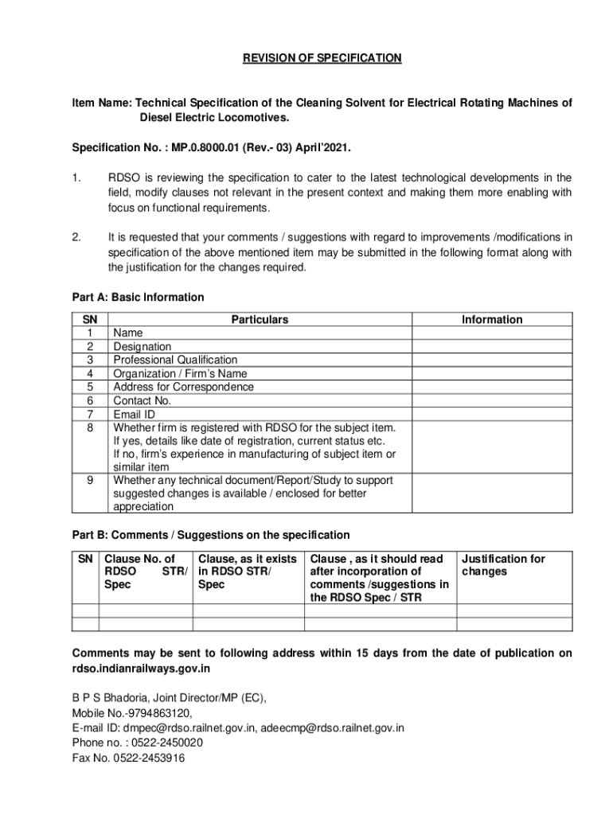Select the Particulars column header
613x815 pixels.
click(260, 320)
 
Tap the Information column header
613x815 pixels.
click(492, 320)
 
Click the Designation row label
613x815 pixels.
click(142, 347)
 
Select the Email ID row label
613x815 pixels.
click(134, 415)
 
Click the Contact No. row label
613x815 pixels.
click(142, 401)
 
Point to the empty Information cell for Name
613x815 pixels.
click(492, 333)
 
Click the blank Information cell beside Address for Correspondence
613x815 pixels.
click(492, 388)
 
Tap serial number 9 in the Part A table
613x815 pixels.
click(90, 481)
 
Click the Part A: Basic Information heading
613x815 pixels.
click(138, 298)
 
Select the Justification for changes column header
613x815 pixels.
click(503, 565)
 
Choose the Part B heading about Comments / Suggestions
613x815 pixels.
click(211, 535)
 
